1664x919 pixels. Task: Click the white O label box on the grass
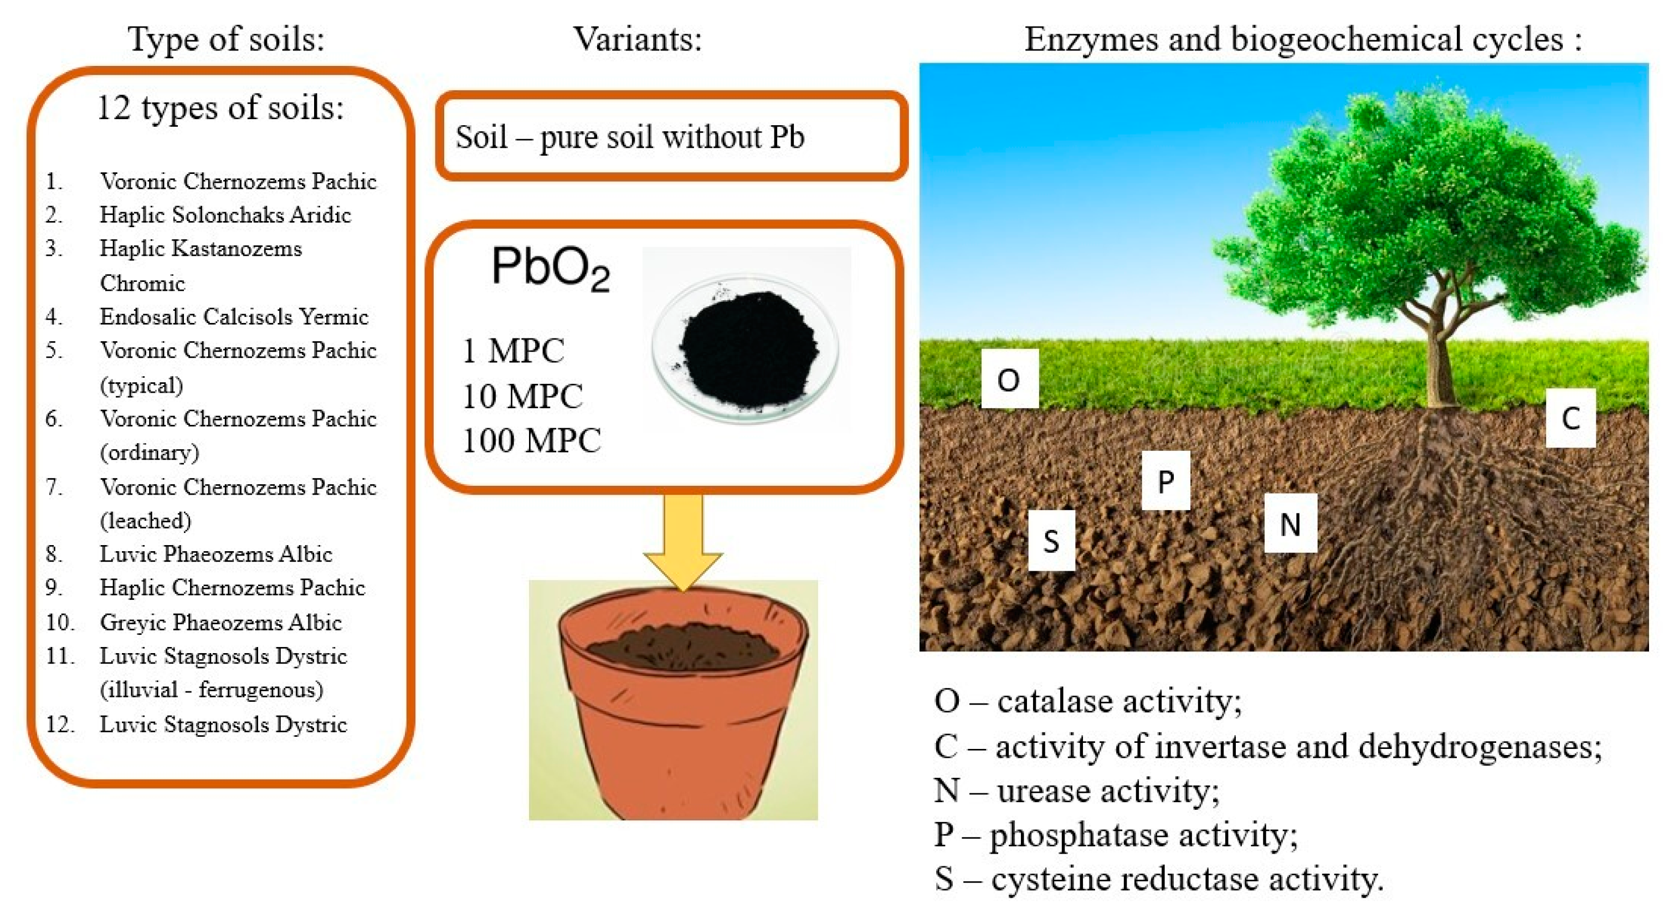pyautogui.click(x=1009, y=378)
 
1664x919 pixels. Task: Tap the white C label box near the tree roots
pyautogui.click(x=1570, y=418)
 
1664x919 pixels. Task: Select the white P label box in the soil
pyautogui.click(x=1165, y=480)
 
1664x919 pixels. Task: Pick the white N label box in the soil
pyautogui.click(x=1290, y=523)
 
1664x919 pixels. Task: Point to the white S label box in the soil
pyautogui.click(x=1051, y=540)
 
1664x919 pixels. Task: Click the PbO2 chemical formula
pyautogui.click(x=551, y=268)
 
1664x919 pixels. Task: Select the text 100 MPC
pyautogui.click(x=532, y=440)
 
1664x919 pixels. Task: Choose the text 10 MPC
pyautogui.click(x=522, y=396)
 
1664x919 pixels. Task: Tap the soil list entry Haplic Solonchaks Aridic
pyautogui.click(x=225, y=214)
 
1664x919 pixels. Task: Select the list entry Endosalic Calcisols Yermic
pyautogui.click(x=234, y=316)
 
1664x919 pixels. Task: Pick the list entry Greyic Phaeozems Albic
pyautogui.click(x=220, y=622)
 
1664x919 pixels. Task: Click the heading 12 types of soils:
pyautogui.click(x=220, y=107)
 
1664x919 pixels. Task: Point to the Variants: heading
pyautogui.click(x=638, y=39)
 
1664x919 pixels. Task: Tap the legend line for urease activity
pyautogui.click(x=1077, y=790)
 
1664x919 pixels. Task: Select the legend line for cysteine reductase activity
pyautogui.click(x=1158, y=879)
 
